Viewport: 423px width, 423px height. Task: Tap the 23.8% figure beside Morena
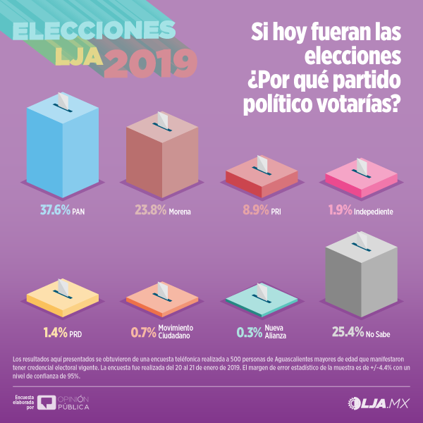pos(150,210)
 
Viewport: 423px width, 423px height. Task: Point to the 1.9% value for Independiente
pos(342,210)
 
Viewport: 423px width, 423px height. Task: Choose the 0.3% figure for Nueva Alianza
pos(248,330)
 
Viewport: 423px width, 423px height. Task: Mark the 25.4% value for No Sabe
pos(346,330)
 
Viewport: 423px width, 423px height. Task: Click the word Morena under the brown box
pos(180,211)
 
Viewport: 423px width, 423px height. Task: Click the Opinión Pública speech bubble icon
pos(47,403)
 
